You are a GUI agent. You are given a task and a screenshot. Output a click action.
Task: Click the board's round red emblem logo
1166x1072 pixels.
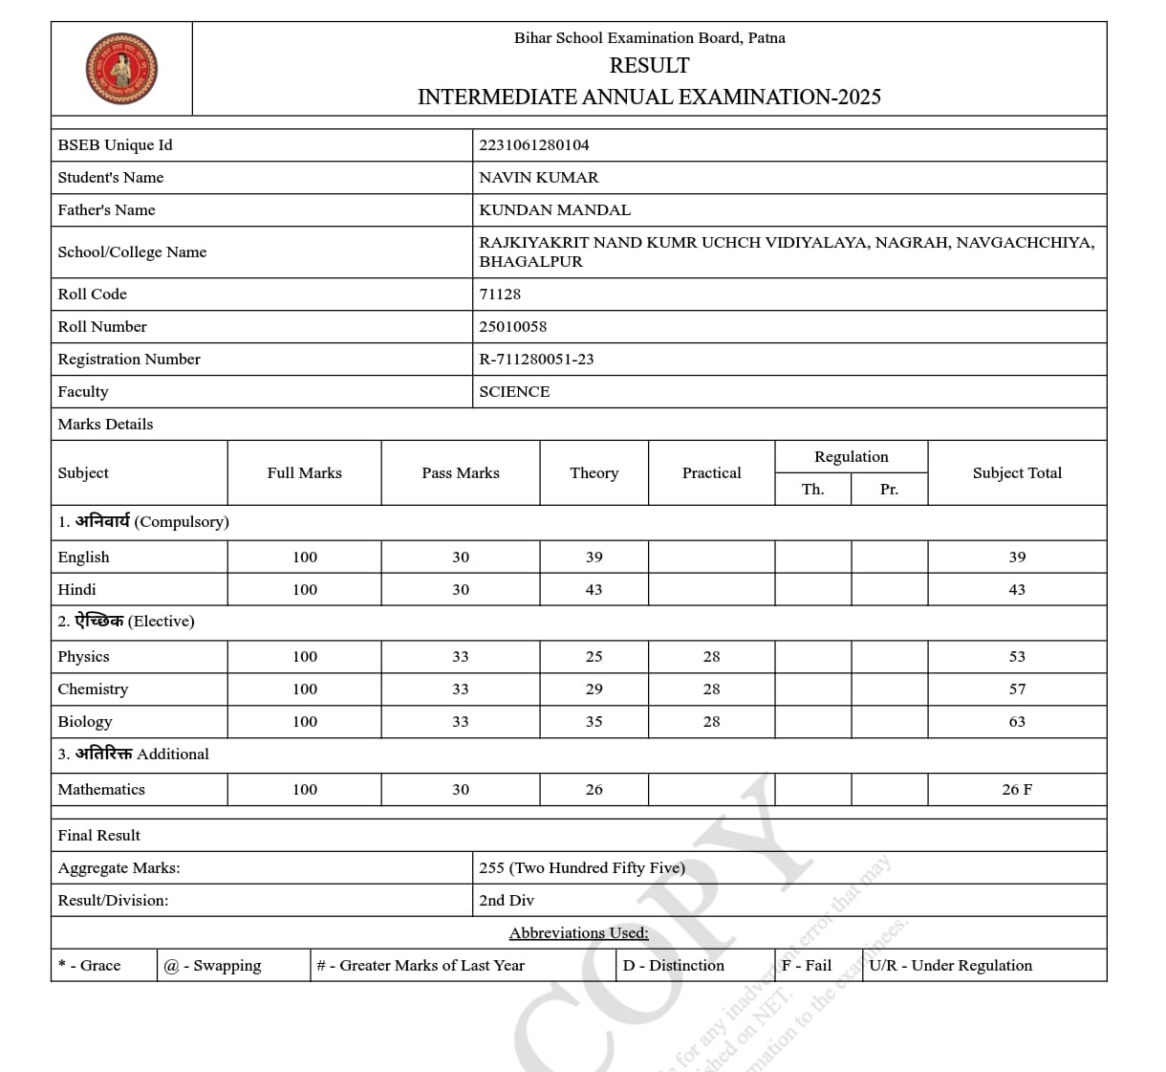121,69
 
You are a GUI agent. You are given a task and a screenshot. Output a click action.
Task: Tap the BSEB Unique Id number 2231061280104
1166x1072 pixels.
534,145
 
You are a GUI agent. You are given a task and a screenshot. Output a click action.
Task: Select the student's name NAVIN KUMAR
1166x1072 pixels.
539,178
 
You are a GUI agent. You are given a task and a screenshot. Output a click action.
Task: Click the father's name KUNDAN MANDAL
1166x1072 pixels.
554,210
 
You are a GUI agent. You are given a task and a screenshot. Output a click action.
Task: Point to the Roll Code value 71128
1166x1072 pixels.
500,295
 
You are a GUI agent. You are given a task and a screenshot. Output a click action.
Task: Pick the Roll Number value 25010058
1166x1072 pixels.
513,327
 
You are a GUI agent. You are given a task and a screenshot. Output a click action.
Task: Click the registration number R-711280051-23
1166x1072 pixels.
536,360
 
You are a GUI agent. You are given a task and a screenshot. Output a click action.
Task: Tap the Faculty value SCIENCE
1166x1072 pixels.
514,392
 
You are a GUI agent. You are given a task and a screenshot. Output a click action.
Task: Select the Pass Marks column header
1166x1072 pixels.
461,473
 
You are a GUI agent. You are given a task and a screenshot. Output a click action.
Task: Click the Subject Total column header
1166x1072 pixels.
1017,473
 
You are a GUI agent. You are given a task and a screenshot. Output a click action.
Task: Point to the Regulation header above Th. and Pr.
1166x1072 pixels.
851,457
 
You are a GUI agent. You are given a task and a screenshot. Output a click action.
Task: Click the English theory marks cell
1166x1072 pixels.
594,558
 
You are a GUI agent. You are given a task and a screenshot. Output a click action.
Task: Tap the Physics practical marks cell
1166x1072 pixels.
711,657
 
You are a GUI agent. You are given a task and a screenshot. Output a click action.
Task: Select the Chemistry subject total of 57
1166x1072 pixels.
1017,689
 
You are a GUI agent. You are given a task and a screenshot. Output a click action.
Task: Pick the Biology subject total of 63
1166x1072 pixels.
1017,722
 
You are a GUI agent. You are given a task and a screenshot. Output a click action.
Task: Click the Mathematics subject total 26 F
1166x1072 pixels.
1017,790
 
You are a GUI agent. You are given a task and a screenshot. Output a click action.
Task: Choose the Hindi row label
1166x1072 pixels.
77,590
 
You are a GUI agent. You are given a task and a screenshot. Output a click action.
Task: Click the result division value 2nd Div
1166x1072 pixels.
507,901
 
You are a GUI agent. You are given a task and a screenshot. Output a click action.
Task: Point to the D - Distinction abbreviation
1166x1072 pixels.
674,966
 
